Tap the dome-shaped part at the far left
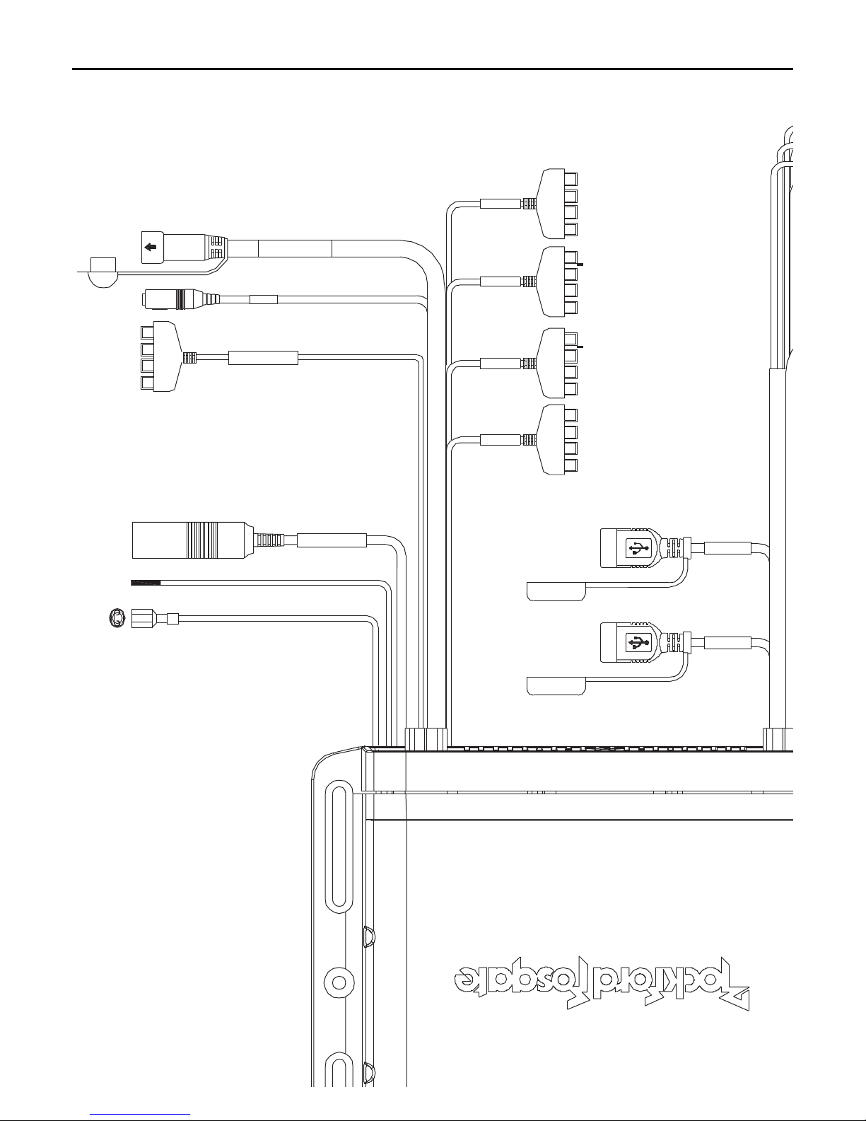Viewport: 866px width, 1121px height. tap(103, 273)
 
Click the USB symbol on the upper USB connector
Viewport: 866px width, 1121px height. tap(639, 547)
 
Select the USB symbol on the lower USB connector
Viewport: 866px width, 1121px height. tap(639, 642)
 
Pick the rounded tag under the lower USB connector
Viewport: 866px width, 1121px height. tap(556, 685)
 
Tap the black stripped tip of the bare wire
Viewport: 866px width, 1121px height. tap(146, 582)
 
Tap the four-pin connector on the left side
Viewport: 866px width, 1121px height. tap(160, 357)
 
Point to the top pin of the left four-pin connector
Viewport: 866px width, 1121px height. tap(147, 332)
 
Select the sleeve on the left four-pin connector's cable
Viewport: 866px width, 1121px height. tap(263, 358)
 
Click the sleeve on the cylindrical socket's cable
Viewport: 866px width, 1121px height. tap(331, 541)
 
